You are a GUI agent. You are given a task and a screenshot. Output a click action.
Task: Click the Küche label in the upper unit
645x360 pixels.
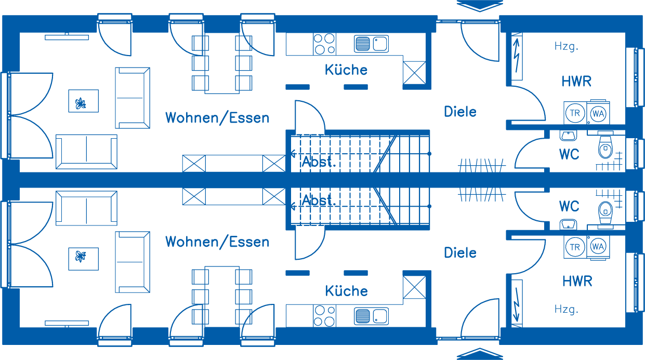click(346, 70)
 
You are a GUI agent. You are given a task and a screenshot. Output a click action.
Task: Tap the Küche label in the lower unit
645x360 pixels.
click(346, 291)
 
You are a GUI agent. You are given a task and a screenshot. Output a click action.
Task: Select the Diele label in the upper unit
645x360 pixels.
click(460, 112)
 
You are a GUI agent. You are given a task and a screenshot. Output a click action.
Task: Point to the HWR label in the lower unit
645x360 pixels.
click(577, 281)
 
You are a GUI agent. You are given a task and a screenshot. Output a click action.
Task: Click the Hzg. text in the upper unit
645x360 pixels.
click(567, 46)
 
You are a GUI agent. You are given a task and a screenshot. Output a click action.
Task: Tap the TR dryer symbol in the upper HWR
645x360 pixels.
click(575, 113)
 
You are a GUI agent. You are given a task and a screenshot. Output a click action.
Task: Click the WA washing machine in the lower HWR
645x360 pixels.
click(598, 247)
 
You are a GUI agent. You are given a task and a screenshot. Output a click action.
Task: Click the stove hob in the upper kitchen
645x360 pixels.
click(324, 44)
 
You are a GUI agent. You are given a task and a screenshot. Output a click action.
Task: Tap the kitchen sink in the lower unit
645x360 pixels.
click(371, 316)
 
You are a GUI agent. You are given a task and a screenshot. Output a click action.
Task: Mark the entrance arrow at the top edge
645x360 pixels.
click(480, 6)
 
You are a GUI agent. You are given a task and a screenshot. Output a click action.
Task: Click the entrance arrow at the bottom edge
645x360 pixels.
click(480, 354)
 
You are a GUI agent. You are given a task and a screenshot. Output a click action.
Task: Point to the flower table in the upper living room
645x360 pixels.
click(84, 101)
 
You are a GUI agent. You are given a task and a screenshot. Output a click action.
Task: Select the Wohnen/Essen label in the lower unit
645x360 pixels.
click(217, 242)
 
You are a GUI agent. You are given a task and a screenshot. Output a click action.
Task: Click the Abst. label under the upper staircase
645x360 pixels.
click(319, 162)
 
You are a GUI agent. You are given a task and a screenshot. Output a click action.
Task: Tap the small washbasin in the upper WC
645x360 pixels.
click(568, 135)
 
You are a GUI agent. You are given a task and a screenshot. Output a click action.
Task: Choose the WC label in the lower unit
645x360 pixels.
click(569, 206)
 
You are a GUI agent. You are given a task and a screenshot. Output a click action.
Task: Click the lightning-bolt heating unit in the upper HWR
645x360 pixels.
click(517, 57)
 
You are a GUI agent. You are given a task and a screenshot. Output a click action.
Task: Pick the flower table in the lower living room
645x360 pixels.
click(84, 259)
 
